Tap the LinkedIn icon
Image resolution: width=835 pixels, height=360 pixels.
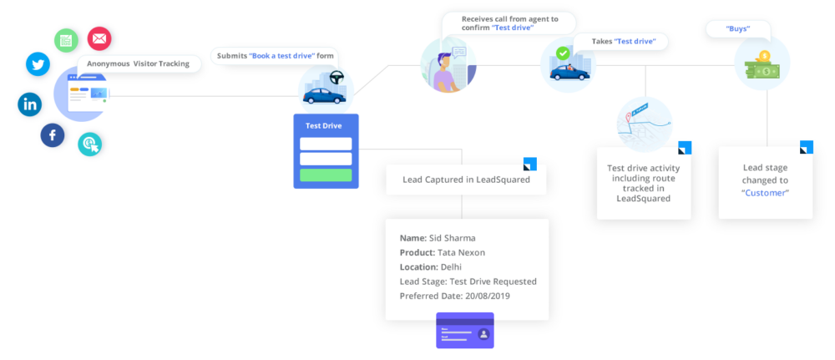[30, 104]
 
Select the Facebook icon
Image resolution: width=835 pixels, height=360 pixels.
[52, 135]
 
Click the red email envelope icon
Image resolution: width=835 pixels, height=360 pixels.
[99, 38]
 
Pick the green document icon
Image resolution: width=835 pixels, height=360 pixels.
[65, 40]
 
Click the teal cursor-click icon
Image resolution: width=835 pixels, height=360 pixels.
[89, 145]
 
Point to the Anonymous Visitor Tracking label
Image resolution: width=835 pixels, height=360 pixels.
[138, 63]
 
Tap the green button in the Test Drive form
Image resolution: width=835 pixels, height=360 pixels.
[326, 175]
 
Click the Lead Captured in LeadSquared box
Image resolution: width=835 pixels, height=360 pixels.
[465, 180]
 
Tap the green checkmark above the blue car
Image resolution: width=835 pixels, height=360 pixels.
[564, 53]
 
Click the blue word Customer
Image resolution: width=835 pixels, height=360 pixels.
[765, 193]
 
